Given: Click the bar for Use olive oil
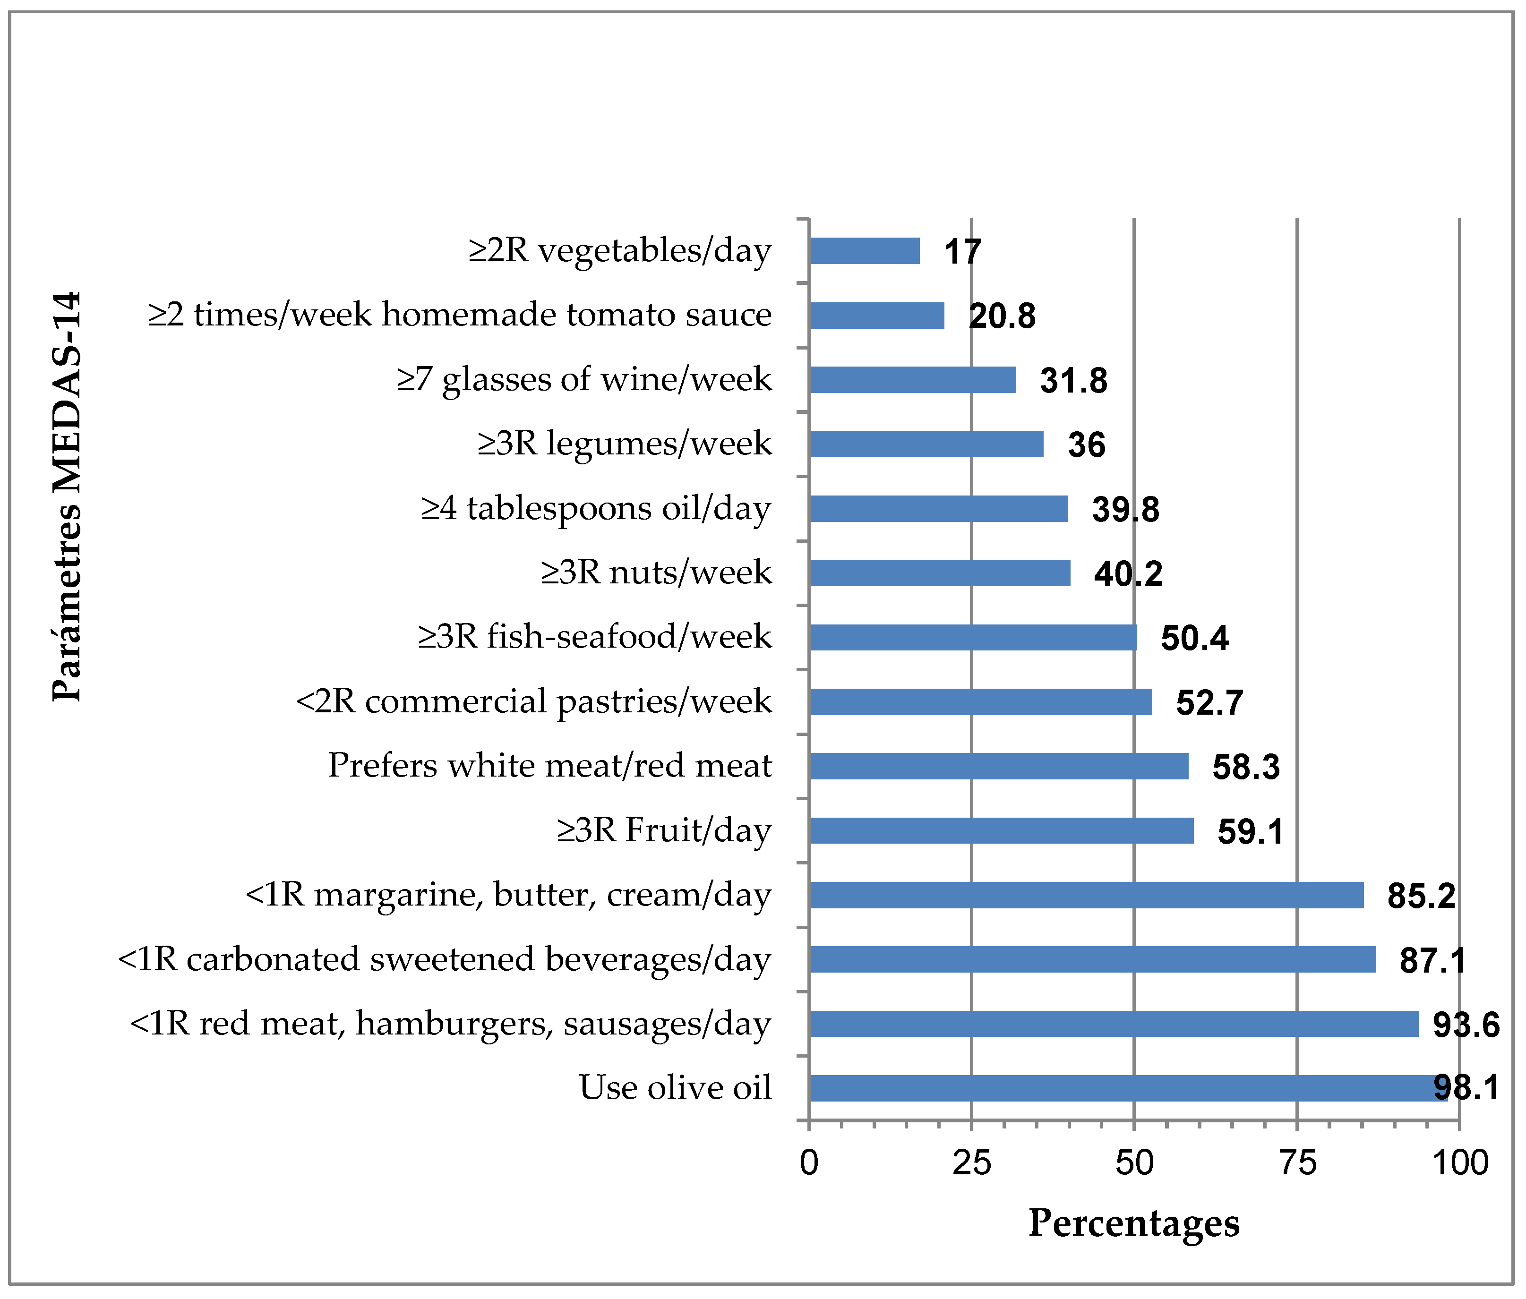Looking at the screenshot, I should (1127, 1088).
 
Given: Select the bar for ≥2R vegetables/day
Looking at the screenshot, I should (864, 251).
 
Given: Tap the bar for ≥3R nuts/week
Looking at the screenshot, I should (939, 573).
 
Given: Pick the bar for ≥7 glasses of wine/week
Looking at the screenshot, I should (912, 380).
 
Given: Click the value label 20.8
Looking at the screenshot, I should (1002, 316).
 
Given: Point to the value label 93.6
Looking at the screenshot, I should (1466, 1025).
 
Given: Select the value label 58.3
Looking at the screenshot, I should (1246, 767).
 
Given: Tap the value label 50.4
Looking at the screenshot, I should (1195, 639).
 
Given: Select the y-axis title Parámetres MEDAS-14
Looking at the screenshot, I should (68, 497).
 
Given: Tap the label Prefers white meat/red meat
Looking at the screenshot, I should (549, 766).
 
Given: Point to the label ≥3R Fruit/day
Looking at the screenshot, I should (664, 831).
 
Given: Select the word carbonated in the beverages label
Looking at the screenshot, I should (273, 959).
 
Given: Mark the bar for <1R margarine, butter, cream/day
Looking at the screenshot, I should (1086, 895).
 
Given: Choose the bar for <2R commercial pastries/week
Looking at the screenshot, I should (980, 702).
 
